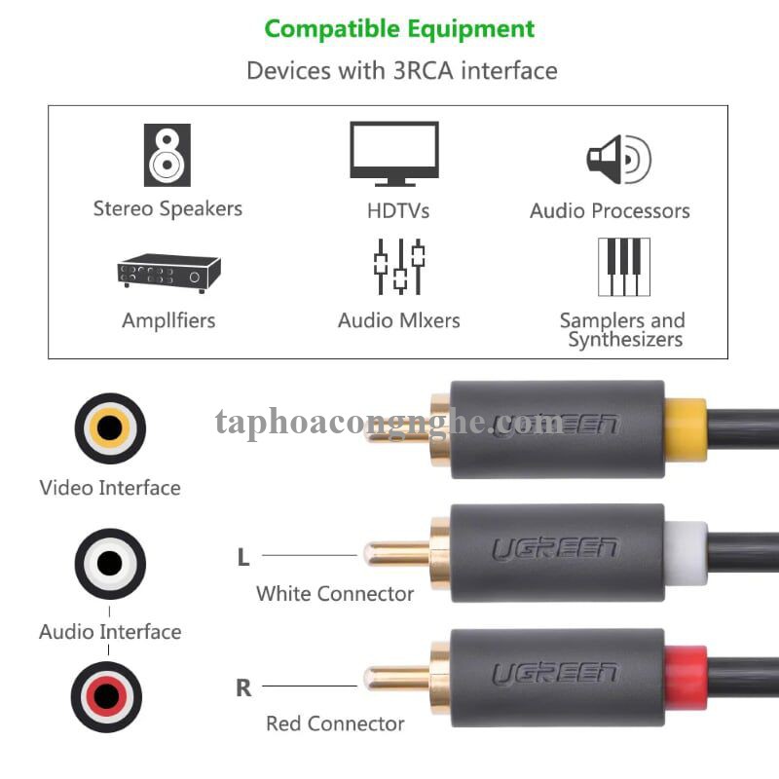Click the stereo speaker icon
[x=167, y=155]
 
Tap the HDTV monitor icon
[x=394, y=153]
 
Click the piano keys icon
[x=623, y=266]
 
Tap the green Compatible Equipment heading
[x=399, y=28]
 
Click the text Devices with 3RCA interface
[x=401, y=70]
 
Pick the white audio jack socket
[x=110, y=563]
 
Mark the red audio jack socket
[x=106, y=696]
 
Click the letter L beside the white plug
[x=243, y=558]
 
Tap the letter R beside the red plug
[x=243, y=688]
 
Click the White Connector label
[x=335, y=593]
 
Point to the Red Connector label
[x=335, y=723]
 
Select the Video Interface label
[x=110, y=488]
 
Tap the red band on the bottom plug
[x=686, y=677]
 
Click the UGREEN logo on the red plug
[x=554, y=674]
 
